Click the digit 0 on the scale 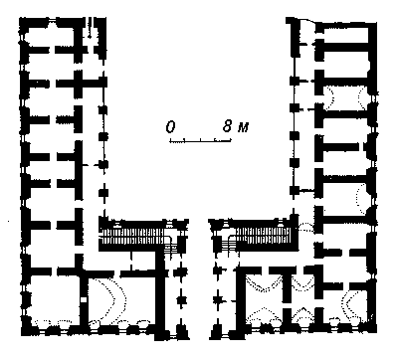pos(170,127)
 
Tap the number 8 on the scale pos(228,126)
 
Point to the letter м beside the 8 pos(244,128)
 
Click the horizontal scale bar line pos(200,141)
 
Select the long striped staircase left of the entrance pos(132,236)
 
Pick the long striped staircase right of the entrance pos(265,236)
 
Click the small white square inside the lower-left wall pos(84,300)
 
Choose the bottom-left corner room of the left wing pos(53,298)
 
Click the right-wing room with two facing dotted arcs pos(345,96)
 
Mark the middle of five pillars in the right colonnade pos(295,135)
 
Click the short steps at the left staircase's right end pos(171,246)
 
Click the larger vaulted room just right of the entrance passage pos(264,298)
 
